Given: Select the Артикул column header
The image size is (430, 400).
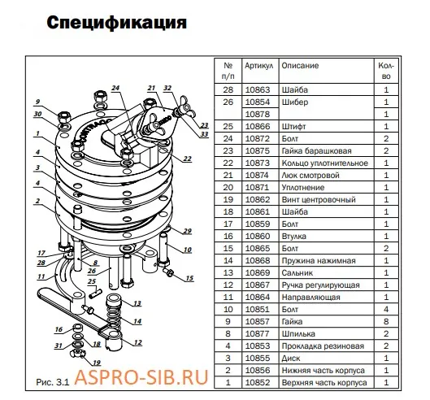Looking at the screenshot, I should [258, 65].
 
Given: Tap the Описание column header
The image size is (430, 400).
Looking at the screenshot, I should [300, 65].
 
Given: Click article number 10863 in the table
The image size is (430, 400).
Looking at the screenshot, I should [258, 89].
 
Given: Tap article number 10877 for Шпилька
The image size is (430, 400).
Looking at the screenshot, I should [258, 333].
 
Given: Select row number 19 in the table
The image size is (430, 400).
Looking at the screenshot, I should [228, 199].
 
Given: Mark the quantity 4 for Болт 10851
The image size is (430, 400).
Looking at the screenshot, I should [386, 309].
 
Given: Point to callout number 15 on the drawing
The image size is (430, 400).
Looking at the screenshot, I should [191, 279].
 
